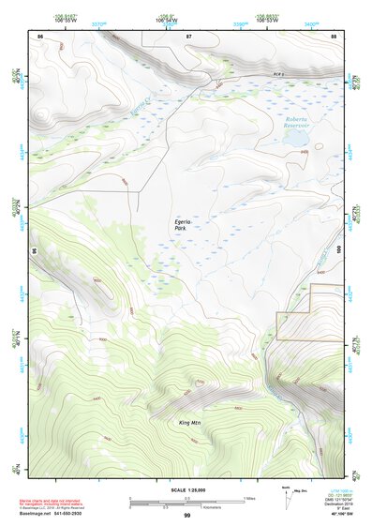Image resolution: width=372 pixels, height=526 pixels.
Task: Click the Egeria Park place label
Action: pyautogui.click(x=185, y=224)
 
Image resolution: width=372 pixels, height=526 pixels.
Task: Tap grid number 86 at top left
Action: pyautogui.click(x=39, y=37)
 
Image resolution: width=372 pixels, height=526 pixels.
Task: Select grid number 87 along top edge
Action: pyautogui.click(x=188, y=37)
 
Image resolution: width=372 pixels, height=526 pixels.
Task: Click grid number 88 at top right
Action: pyautogui.click(x=334, y=37)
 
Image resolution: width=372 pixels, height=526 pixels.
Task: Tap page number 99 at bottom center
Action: pyautogui.click(x=186, y=516)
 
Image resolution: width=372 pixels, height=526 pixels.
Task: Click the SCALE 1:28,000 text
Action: pyautogui.click(x=186, y=489)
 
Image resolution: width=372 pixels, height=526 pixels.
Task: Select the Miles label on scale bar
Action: pyautogui.click(x=248, y=498)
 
